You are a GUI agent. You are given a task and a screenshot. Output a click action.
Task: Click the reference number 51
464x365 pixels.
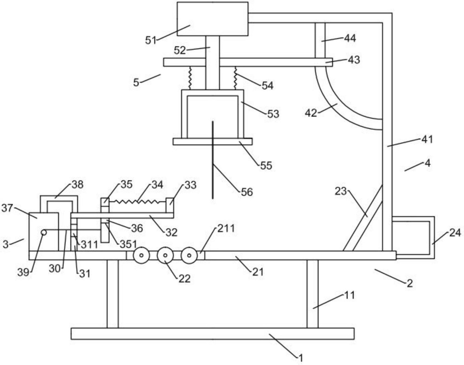(151, 40)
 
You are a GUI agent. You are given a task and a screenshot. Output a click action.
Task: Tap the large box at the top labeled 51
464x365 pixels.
(212, 19)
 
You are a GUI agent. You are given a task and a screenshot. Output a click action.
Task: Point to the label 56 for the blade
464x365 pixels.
(247, 192)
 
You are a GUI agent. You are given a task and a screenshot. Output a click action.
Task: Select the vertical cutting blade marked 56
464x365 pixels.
(213, 170)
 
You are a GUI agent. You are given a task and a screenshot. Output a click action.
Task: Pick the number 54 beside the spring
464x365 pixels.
(267, 86)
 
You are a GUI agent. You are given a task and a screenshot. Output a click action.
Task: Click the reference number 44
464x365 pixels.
(350, 38)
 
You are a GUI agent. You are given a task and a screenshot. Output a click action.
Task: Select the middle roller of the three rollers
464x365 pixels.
(165, 255)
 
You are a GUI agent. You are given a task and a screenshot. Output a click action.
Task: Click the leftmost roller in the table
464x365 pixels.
(141, 255)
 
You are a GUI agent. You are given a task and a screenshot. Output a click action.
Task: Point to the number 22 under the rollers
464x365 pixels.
(184, 279)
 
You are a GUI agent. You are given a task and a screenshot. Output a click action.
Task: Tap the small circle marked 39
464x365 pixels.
(44, 232)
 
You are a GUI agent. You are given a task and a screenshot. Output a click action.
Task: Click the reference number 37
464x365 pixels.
(7, 208)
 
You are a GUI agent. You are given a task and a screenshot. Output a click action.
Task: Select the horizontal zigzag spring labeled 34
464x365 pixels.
(137, 202)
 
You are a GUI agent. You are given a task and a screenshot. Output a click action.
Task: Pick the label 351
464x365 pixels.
(128, 244)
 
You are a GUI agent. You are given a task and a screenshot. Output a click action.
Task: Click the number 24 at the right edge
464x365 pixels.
(455, 233)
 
